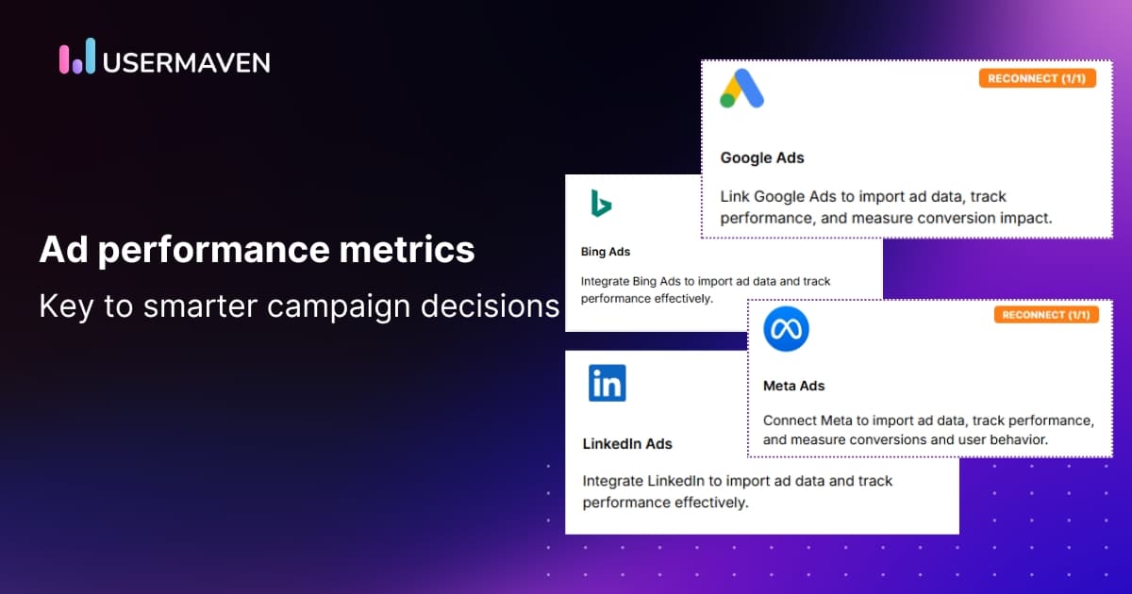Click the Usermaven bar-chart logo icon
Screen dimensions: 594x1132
[x=77, y=58]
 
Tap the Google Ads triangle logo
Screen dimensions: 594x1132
[x=741, y=88]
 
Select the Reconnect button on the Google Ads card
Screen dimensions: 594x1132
[x=1037, y=78]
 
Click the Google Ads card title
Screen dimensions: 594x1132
[x=762, y=157]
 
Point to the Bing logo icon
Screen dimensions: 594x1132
[x=601, y=203]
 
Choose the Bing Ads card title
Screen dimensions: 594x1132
[x=606, y=252]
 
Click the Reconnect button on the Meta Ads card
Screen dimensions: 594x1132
[x=1046, y=314]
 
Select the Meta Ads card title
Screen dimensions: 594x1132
[x=793, y=386]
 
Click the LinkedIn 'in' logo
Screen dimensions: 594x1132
[x=607, y=383]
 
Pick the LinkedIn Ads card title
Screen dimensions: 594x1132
[x=627, y=443]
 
